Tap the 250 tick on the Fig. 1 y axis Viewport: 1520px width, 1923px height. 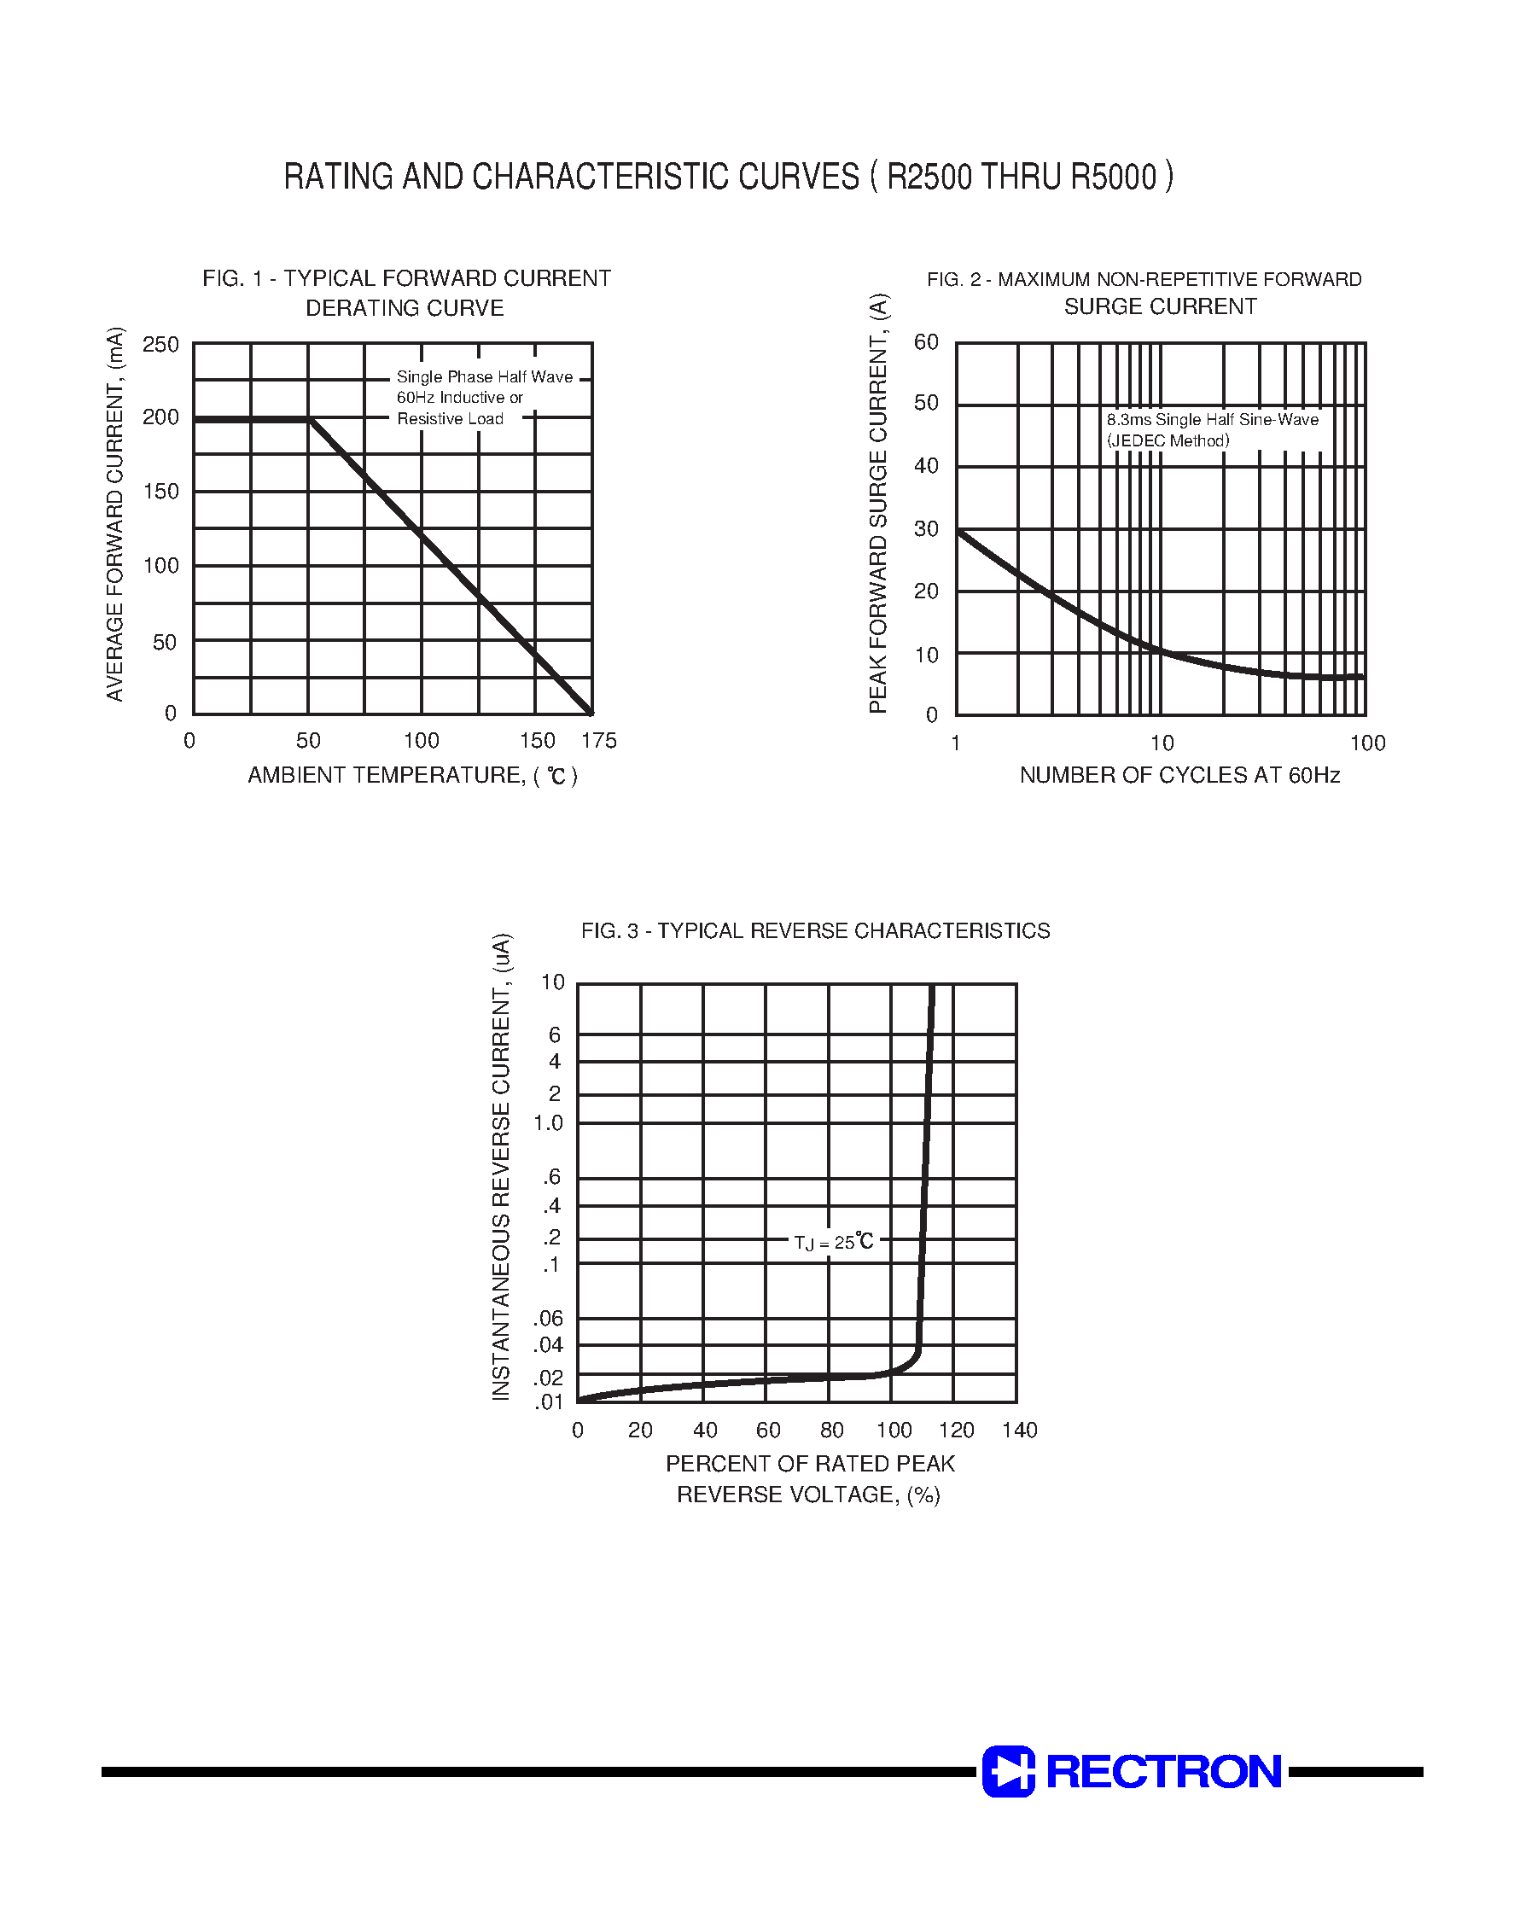click(x=161, y=344)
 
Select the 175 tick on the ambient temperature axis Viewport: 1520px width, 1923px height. click(x=599, y=740)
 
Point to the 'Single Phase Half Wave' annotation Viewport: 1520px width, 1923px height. click(x=484, y=377)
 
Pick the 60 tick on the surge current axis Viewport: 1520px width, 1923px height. click(x=926, y=342)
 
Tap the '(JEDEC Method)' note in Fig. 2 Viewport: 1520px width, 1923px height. click(x=1168, y=441)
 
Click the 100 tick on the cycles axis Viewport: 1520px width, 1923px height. click(x=1367, y=743)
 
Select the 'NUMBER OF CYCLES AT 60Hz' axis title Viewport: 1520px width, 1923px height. click(x=1179, y=775)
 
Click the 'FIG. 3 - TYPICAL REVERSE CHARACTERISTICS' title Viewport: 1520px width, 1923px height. click(x=815, y=931)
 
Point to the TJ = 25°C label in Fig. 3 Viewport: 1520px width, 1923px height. click(x=834, y=1242)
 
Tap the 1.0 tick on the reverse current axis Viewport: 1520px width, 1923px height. click(x=549, y=1123)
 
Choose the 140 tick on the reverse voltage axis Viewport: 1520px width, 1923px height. click(x=1019, y=1430)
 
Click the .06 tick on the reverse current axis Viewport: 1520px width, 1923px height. click(x=549, y=1318)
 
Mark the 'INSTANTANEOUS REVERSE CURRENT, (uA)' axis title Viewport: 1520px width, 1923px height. click(x=502, y=1167)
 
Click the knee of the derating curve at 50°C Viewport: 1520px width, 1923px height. click(x=310, y=418)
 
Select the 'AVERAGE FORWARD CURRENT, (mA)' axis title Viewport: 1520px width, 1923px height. click(x=116, y=515)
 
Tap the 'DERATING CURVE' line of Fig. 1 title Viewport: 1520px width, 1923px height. click(x=405, y=308)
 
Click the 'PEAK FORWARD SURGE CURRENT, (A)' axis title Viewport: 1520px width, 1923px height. click(x=878, y=503)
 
